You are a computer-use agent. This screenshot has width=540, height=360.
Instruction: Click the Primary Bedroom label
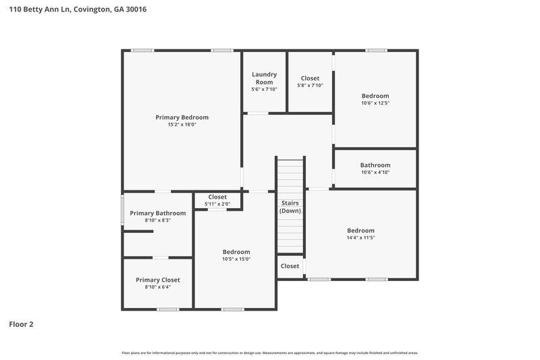tap(182, 117)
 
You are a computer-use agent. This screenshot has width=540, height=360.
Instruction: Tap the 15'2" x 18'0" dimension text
tap(182, 124)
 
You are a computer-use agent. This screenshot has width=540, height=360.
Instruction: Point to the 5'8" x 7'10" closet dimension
tap(310, 86)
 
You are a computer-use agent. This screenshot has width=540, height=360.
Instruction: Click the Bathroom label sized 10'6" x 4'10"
tap(375, 165)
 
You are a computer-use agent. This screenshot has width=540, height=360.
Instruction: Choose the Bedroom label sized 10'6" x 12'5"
tap(375, 96)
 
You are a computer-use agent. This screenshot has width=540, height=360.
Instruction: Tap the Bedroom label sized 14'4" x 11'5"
tap(360, 230)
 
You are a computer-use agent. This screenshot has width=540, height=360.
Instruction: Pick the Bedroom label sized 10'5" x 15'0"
tap(236, 251)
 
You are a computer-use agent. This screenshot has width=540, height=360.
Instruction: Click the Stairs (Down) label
tap(290, 207)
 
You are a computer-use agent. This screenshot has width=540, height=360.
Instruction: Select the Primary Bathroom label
tap(157, 213)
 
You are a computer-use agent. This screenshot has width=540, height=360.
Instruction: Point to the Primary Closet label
tap(157, 280)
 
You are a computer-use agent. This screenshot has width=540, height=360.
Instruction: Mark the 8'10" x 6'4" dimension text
tap(157, 287)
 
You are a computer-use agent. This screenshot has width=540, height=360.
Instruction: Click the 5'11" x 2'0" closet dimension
tap(217, 204)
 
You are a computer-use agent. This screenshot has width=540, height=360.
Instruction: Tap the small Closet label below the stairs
tap(290, 266)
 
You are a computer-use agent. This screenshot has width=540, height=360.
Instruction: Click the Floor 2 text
tap(21, 324)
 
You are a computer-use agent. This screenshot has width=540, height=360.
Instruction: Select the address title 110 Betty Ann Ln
tap(78, 9)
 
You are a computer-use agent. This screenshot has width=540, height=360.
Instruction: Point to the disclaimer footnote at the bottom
tap(269, 353)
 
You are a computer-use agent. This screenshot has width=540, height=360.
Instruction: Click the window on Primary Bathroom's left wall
tap(122, 209)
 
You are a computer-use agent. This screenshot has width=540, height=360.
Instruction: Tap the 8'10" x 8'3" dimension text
tap(157, 220)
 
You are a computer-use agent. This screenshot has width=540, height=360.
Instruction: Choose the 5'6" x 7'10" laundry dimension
tap(263, 89)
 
